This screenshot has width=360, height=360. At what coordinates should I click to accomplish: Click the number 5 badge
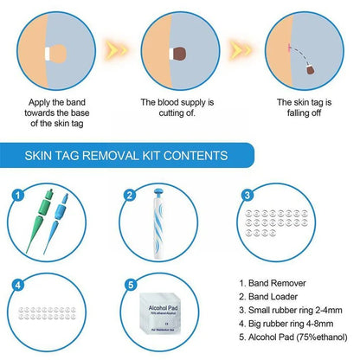coord(129,282)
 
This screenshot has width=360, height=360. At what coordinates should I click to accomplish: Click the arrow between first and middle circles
coord(113,48)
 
